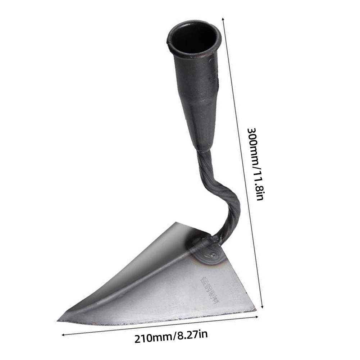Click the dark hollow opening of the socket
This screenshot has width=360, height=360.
click(193, 37)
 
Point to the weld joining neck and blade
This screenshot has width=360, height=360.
click(209, 248)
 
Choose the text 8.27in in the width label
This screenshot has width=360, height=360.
click(190, 335)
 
